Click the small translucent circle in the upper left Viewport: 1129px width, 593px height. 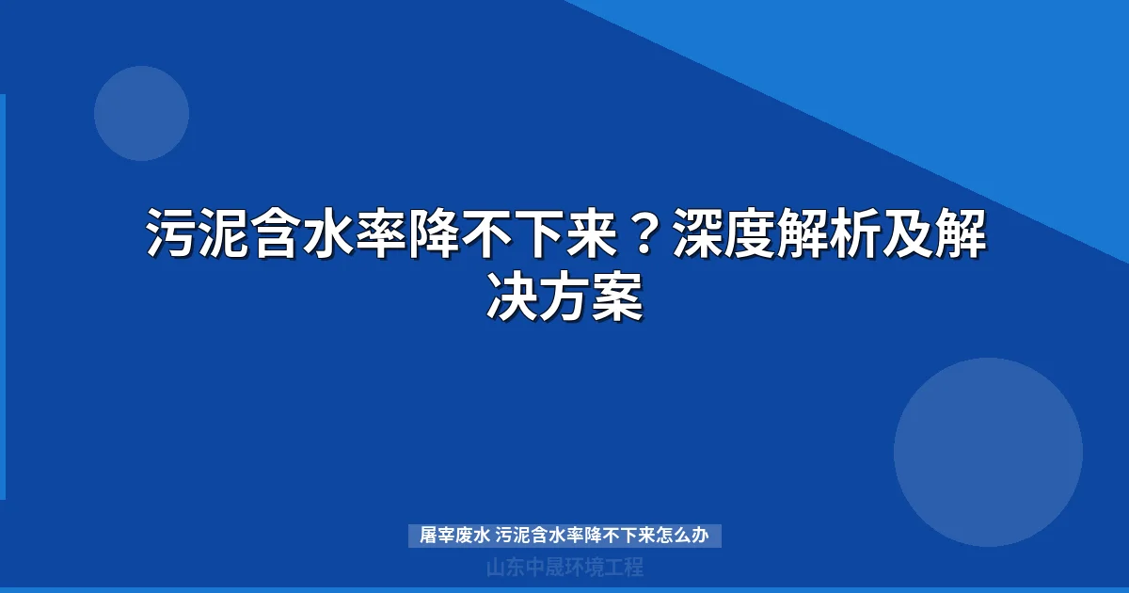pyautogui.click(x=141, y=113)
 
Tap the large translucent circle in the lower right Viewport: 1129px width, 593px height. pyautogui.click(x=988, y=452)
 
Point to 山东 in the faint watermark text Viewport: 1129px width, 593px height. pyautogui.click(x=504, y=568)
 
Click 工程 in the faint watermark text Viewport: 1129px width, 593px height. pyautogui.click(x=623, y=568)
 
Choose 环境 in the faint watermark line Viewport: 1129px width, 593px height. pyautogui.click(x=583, y=568)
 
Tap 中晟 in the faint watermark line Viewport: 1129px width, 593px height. pyautogui.click(x=544, y=568)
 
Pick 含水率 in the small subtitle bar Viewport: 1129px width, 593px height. pyautogui.click(x=556, y=537)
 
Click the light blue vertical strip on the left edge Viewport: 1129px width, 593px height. pyautogui.click(x=3, y=296)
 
